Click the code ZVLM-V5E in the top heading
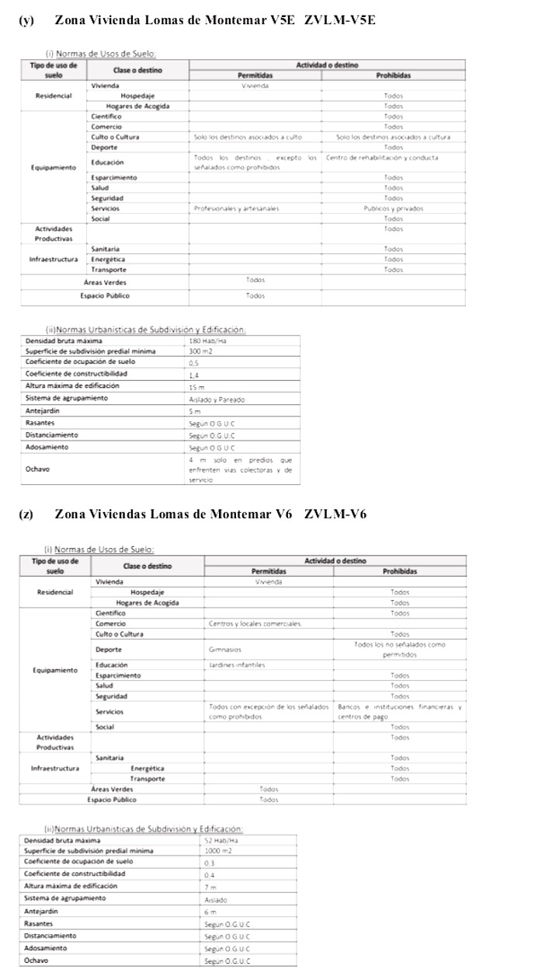click(x=342, y=20)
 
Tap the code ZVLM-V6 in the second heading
click(x=335, y=514)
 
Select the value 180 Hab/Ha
click(x=203, y=341)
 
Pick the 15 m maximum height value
click(x=196, y=387)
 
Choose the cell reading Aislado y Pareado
click(x=217, y=399)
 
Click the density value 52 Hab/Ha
click(x=221, y=840)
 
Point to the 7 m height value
click(x=210, y=887)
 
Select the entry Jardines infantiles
click(x=237, y=665)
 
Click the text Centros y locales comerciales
click(x=255, y=623)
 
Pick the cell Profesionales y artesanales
click(x=237, y=208)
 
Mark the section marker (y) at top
click(x=26, y=20)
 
